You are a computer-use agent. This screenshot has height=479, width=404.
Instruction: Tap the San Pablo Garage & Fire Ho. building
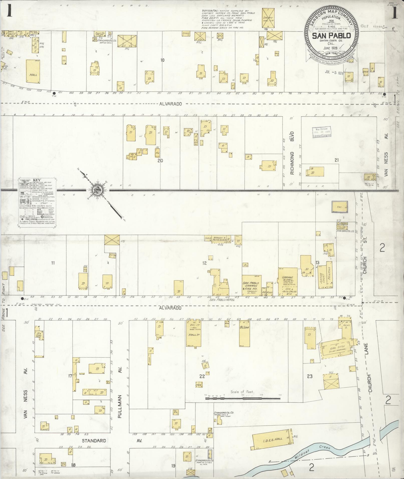251,285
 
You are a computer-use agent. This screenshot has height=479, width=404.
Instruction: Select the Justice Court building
323,277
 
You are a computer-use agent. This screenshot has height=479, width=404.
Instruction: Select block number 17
70,376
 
